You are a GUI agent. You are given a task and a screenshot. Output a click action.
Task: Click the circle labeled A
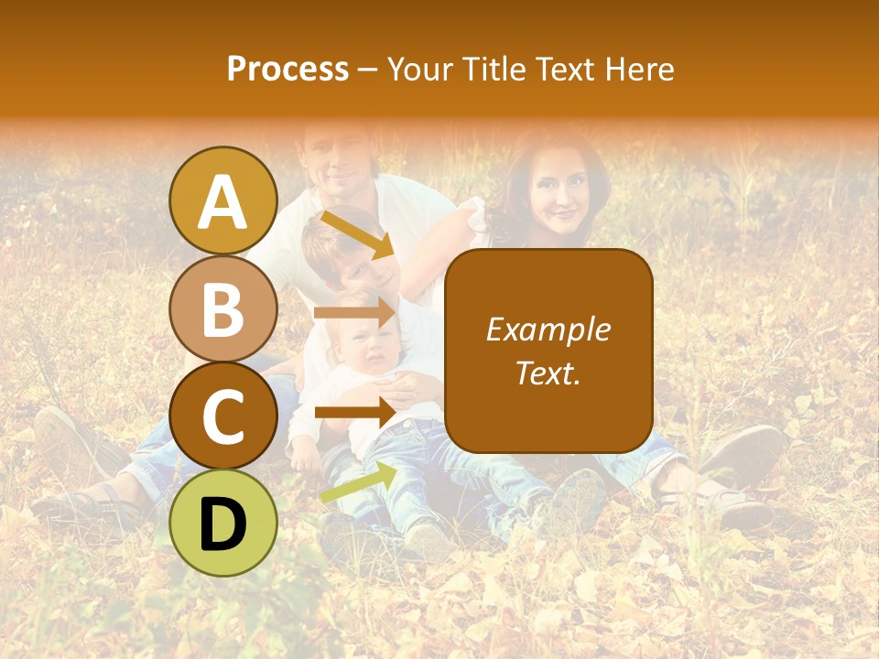(222, 200)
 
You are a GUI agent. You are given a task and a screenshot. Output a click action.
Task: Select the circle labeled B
(222, 308)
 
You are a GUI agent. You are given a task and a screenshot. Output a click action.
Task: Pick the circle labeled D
(222, 524)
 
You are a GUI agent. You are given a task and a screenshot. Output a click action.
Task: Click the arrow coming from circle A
(356, 234)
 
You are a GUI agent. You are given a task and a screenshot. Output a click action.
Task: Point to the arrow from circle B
(354, 313)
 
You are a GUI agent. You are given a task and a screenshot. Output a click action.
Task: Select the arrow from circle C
(354, 412)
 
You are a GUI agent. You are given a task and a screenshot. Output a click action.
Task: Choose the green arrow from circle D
(358, 482)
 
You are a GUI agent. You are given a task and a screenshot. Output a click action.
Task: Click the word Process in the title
(288, 70)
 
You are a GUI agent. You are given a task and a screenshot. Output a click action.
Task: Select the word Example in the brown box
(548, 329)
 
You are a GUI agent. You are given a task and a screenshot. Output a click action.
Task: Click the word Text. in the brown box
(548, 373)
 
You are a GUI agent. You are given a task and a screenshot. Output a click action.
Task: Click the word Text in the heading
(569, 70)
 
